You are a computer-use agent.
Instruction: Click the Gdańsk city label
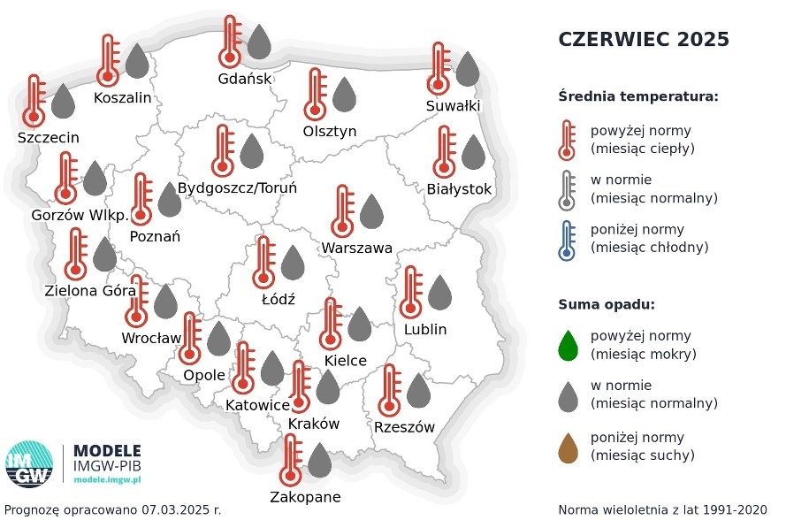[245, 78]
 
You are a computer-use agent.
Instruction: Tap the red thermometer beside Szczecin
[34, 100]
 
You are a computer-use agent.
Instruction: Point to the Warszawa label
[357, 248]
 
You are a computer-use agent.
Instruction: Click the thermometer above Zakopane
[290, 460]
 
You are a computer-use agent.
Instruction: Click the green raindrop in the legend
[568, 345]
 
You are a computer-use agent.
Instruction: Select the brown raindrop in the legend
[568, 446]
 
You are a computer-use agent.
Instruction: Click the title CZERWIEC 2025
[644, 40]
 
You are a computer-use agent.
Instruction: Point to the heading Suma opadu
[606, 305]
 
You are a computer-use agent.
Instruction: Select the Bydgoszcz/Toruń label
[237, 188]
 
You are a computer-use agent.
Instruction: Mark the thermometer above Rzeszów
[389, 390]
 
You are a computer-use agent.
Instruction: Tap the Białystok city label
[459, 189]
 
